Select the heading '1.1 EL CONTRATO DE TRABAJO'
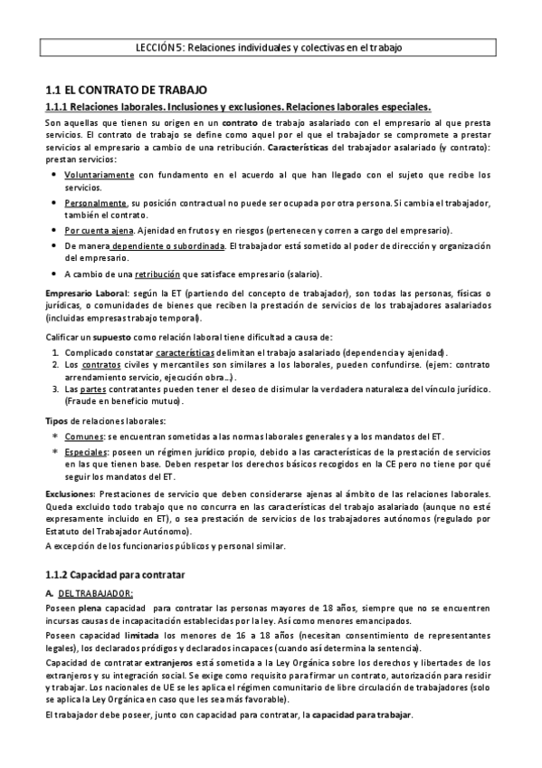coord(127,91)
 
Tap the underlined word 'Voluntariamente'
coord(100,174)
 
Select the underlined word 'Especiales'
coord(85,450)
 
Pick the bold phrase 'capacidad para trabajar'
coord(361,715)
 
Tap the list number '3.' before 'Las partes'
coord(56,389)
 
